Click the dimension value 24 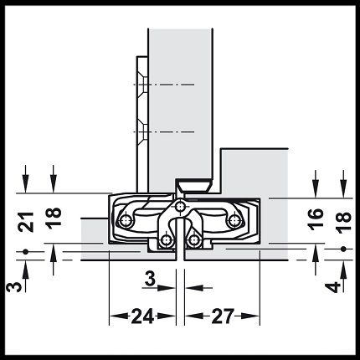point(142,316)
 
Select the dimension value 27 point(222,316)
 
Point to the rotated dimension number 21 point(26,222)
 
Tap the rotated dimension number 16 point(316,219)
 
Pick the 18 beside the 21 point(54,218)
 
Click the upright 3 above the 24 point(150,279)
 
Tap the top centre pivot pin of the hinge point(180,207)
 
